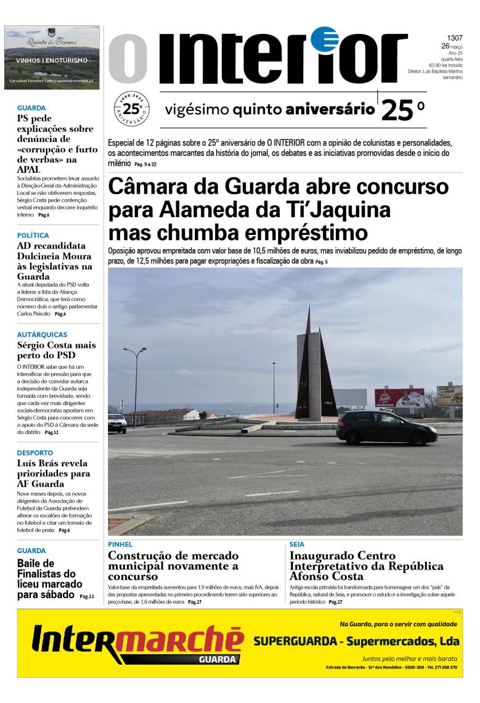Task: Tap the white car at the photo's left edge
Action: click(x=116, y=422)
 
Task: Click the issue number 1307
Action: click(x=454, y=38)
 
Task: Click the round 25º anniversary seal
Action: click(x=131, y=109)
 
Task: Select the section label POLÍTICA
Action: click(x=33, y=236)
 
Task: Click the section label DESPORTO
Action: click(x=35, y=453)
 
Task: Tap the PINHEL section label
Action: click(x=120, y=545)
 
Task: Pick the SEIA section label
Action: click(x=296, y=545)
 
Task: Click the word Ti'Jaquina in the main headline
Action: click(x=336, y=210)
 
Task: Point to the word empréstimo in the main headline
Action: click(x=301, y=233)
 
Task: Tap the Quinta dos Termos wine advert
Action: click(x=52, y=57)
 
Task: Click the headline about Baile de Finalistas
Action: click(x=49, y=579)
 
